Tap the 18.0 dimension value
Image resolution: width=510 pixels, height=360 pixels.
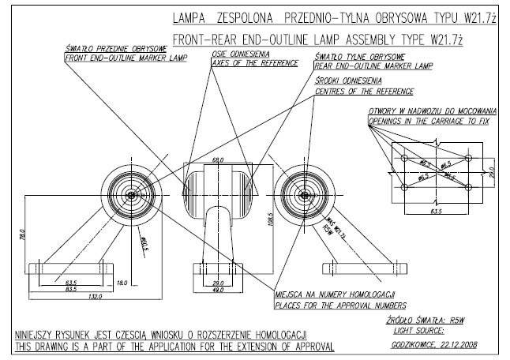(x=121, y=282)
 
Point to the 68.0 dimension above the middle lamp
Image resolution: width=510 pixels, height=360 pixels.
(x=218, y=161)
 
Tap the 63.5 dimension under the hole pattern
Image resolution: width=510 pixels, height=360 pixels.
(x=433, y=211)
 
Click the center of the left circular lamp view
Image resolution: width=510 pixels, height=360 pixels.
(x=130, y=194)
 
